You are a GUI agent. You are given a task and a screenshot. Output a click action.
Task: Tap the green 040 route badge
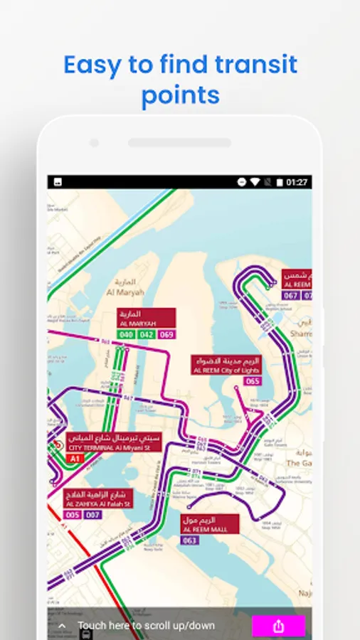coord(127,334)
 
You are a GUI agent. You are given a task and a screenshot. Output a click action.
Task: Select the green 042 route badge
coord(147,334)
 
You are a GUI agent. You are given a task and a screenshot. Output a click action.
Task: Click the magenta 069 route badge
coord(166,334)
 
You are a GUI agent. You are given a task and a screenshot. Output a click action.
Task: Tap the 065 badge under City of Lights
coord(253,381)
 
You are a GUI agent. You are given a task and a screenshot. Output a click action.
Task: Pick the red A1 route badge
coord(75,459)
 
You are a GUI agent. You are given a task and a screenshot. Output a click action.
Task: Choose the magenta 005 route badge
coord(73,515)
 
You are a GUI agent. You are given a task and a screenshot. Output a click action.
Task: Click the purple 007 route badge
coord(92,515)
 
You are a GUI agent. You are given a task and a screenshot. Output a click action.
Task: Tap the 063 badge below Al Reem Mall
coord(190,540)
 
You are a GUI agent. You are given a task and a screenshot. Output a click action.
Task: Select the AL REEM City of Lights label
coord(226,366)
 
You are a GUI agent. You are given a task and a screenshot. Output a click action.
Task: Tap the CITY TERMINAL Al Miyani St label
coord(115,443)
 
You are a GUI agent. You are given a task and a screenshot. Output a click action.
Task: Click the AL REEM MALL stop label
coord(210,525)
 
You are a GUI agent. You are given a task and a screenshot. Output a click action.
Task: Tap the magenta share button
coord(278,626)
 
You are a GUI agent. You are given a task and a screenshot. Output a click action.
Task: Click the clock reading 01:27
coord(297,183)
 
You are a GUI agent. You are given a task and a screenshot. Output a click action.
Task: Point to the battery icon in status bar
coord(280,183)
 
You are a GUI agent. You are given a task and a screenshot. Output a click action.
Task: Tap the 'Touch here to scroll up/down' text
coord(146,626)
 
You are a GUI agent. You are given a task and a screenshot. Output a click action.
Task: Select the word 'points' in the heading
coord(180,95)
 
